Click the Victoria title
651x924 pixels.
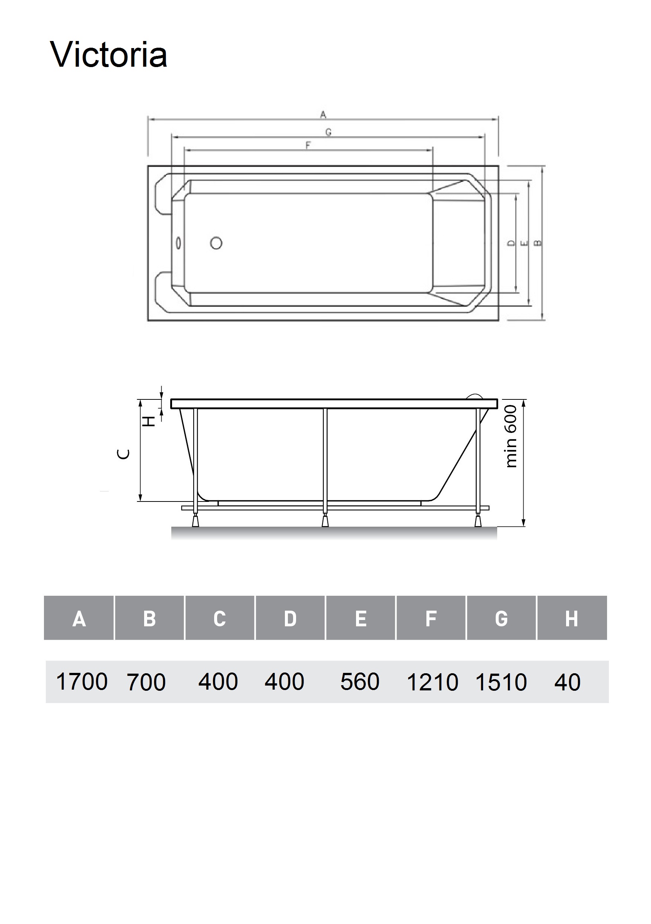pyautogui.click(x=109, y=55)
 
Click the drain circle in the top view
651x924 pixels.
pyautogui.click(x=216, y=243)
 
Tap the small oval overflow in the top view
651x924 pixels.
pyautogui.click(x=178, y=243)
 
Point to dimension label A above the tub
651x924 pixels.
pyautogui.click(x=323, y=115)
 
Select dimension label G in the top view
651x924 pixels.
pyautogui.click(x=328, y=132)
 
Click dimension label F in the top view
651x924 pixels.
pyautogui.click(x=308, y=145)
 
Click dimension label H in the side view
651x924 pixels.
pyautogui.click(x=150, y=421)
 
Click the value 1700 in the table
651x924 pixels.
pyautogui.click(x=82, y=682)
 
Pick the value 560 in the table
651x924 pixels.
pyautogui.click(x=360, y=682)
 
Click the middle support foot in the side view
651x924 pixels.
pyautogui.click(x=325, y=522)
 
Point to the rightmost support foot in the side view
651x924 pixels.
pyautogui.click(x=478, y=522)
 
